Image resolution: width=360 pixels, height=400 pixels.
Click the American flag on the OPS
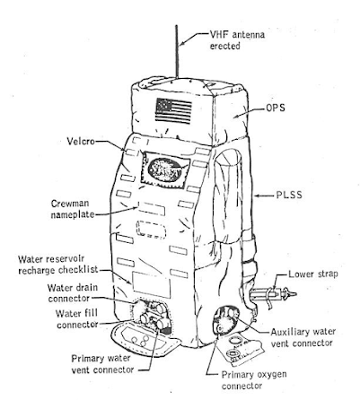(173, 111)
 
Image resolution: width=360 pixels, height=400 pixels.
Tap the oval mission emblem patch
(163, 170)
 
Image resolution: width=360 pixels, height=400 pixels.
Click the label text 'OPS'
(276, 108)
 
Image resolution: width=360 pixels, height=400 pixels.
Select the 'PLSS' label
(289, 196)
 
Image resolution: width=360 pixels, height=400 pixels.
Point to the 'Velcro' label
(81, 141)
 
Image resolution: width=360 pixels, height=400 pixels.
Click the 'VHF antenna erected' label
(237, 40)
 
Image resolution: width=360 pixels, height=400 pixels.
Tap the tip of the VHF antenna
(177, 25)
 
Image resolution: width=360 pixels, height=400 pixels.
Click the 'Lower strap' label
(313, 274)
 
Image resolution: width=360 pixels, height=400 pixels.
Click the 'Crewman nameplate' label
(73, 209)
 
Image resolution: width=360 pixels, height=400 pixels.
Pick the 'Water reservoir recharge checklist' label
(58, 265)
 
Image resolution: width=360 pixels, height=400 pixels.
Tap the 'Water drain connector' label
(73, 293)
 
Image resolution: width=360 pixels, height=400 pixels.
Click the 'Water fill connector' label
(77, 319)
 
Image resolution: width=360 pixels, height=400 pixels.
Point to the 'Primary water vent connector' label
(102, 364)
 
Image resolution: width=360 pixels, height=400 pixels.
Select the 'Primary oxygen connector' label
(254, 379)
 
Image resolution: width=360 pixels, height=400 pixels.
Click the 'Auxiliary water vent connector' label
(303, 337)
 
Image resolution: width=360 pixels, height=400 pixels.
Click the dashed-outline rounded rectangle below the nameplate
(151, 230)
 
